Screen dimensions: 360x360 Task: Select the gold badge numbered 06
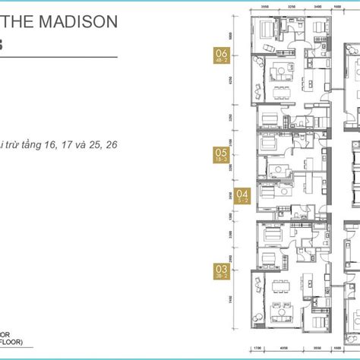click(222, 56)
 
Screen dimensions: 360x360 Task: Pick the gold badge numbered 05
click(222, 155)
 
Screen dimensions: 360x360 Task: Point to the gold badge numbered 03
click(222, 269)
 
